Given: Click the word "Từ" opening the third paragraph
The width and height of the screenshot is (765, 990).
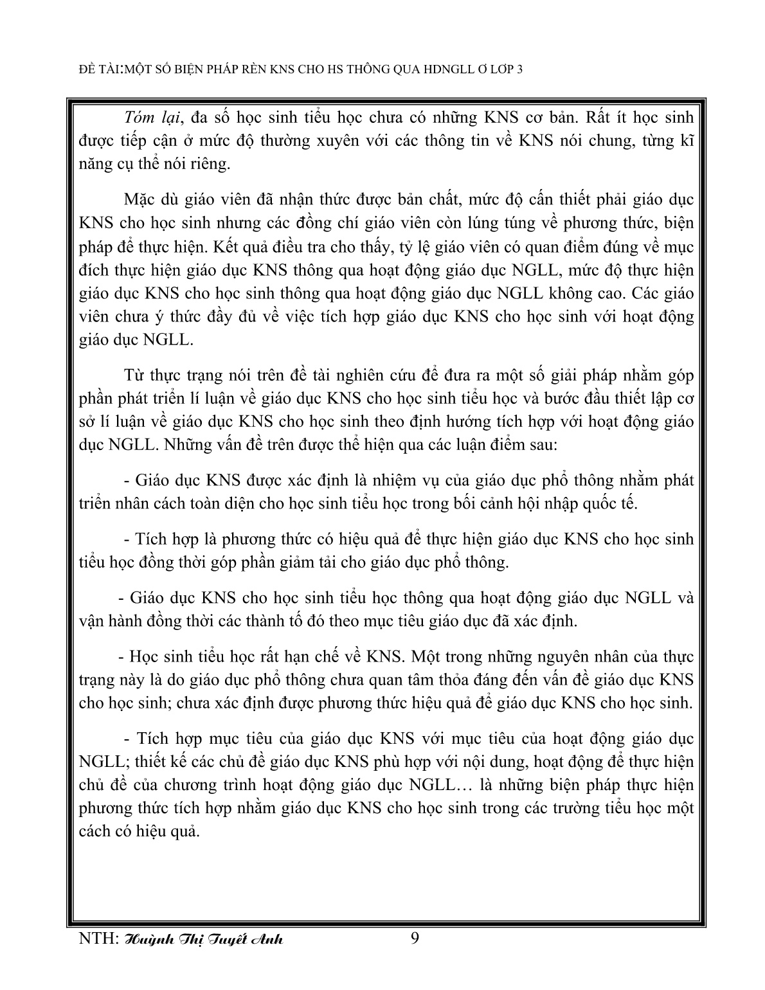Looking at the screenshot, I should click(x=132, y=375).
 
